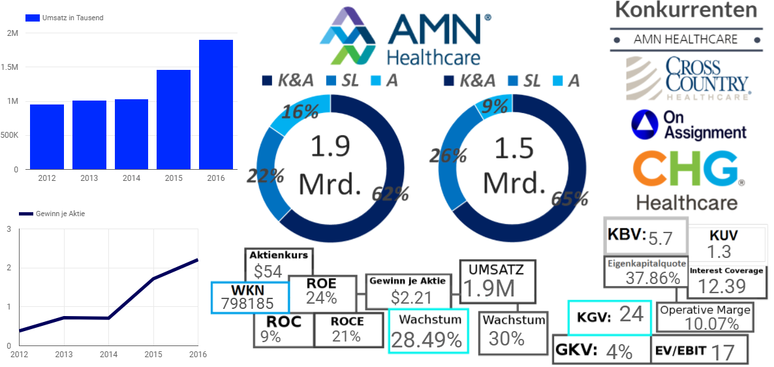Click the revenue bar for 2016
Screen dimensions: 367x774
(216, 104)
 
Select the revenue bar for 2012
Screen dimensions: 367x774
(47, 136)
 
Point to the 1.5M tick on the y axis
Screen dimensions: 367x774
(13, 67)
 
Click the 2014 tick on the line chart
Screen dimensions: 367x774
(108, 354)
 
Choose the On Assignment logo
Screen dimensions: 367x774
(689, 124)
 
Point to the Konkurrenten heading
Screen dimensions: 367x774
(686, 10)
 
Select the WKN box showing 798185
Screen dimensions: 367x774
(250, 297)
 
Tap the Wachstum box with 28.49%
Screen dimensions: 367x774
(429, 330)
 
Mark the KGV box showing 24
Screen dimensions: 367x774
(610, 316)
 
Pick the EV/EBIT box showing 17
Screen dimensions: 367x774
(700, 351)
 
